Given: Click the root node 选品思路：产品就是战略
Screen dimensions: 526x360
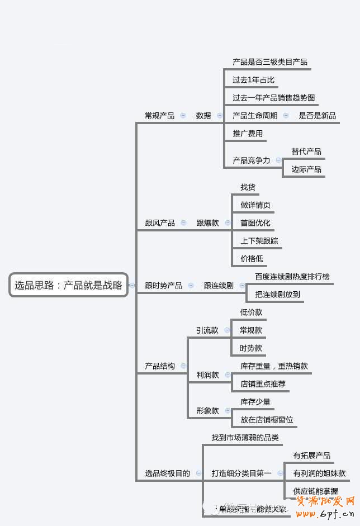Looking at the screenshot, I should (x=68, y=285).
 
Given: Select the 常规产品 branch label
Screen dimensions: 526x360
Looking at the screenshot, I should (x=159, y=116).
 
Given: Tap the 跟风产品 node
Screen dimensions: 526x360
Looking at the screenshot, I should (x=159, y=223).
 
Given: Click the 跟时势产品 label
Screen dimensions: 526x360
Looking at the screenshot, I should (x=163, y=286).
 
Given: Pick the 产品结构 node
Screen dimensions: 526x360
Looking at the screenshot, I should (x=159, y=366).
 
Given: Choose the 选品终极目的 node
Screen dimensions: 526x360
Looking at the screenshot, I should (x=167, y=473).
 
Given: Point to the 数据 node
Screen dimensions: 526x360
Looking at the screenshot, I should (x=203, y=116).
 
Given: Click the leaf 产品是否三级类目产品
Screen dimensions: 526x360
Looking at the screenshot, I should (x=269, y=62).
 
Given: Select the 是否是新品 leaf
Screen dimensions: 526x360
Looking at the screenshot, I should (x=318, y=116).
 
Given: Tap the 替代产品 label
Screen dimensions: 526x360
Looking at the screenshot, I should (x=306, y=151).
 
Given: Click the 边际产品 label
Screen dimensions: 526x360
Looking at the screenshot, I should (x=306, y=169).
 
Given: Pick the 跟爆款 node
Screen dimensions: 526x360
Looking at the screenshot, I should (x=207, y=223).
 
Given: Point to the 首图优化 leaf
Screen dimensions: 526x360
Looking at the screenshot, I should (x=255, y=223).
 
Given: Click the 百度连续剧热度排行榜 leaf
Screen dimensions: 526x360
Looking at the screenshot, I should (x=292, y=277).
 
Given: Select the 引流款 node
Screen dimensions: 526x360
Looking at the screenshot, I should (x=207, y=330).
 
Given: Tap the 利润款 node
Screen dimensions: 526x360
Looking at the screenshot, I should (x=207, y=375).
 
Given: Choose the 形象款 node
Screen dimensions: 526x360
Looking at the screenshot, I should (x=207, y=411).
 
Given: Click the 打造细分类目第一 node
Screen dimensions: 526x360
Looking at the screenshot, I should (x=241, y=473).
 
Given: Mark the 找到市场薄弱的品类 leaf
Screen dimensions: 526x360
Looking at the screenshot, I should (x=244, y=438).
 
